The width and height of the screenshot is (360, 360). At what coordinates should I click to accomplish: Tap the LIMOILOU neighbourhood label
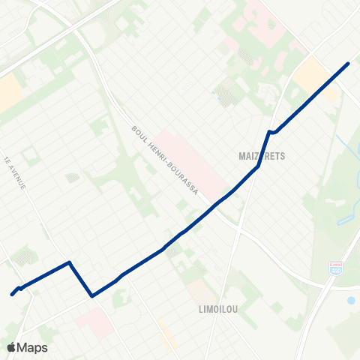pyautogui.click(x=218, y=308)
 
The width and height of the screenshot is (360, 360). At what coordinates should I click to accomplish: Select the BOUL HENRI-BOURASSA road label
pyautogui.click(x=164, y=160)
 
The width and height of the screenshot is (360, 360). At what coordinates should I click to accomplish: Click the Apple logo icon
pyautogui.click(x=11, y=347)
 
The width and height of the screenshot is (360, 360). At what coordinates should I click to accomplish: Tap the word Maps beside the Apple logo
pyautogui.click(x=32, y=347)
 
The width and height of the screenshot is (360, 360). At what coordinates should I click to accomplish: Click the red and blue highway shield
pyautogui.click(x=335, y=267)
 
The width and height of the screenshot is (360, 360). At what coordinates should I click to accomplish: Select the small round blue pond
pyautogui.click(x=351, y=300)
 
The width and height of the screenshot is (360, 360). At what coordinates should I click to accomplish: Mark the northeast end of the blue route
pyautogui.click(x=348, y=63)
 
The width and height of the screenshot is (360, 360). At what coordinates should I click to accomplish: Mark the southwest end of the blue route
pyautogui.click(x=12, y=294)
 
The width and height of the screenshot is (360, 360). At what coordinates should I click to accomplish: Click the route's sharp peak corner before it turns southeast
pyautogui.click(x=70, y=262)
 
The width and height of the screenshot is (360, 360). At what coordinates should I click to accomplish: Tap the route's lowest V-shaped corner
pyautogui.click(x=91, y=295)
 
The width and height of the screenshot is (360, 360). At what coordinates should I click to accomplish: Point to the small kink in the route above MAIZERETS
pyautogui.click(x=271, y=133)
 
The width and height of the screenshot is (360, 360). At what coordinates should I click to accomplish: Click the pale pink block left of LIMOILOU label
pyautogui.click(x=196, y=292)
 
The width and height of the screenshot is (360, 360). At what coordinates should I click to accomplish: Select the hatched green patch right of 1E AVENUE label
pyautogui.click(x=72, y=178)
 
